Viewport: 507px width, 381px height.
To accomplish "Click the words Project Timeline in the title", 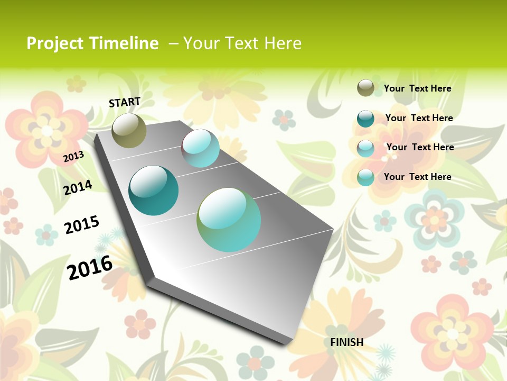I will [x=92, y=43].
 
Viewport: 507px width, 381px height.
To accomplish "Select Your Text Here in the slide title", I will [x=242, y=43].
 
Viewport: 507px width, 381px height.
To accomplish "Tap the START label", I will [x=125, y=102].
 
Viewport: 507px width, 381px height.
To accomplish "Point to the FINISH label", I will [x=347, y=342].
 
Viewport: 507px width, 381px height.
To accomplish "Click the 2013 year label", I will [x=73, y=157].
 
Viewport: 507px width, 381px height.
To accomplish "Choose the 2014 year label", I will [x=78, y=187].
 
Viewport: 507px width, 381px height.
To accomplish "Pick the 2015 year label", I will [x=81, y=225].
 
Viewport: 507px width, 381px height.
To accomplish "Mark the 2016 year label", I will [x=90, y=267].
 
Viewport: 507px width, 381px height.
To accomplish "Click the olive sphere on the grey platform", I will [x=129, y=130].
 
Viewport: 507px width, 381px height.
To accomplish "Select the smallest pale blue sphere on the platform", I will [x=201, y=148].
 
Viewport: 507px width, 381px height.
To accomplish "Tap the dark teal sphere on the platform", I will [x=153, y=190].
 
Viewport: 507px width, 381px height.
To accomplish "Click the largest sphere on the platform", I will [x=229, y=220].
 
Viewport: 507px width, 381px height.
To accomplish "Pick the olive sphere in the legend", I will [x=365, y=88].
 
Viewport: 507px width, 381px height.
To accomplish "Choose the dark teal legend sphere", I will [x=365, y=119].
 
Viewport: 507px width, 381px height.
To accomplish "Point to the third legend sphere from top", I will [x=365, y=148].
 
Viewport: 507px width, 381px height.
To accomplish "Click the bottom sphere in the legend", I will [x=365, y=177].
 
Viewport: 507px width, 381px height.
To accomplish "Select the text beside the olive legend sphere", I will [x=417, y=88].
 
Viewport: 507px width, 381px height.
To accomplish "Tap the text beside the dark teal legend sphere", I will [x=419, y=118].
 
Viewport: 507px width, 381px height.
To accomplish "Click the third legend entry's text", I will [x=420, y=147].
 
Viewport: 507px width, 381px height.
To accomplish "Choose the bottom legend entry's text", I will [x=417, y=177].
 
